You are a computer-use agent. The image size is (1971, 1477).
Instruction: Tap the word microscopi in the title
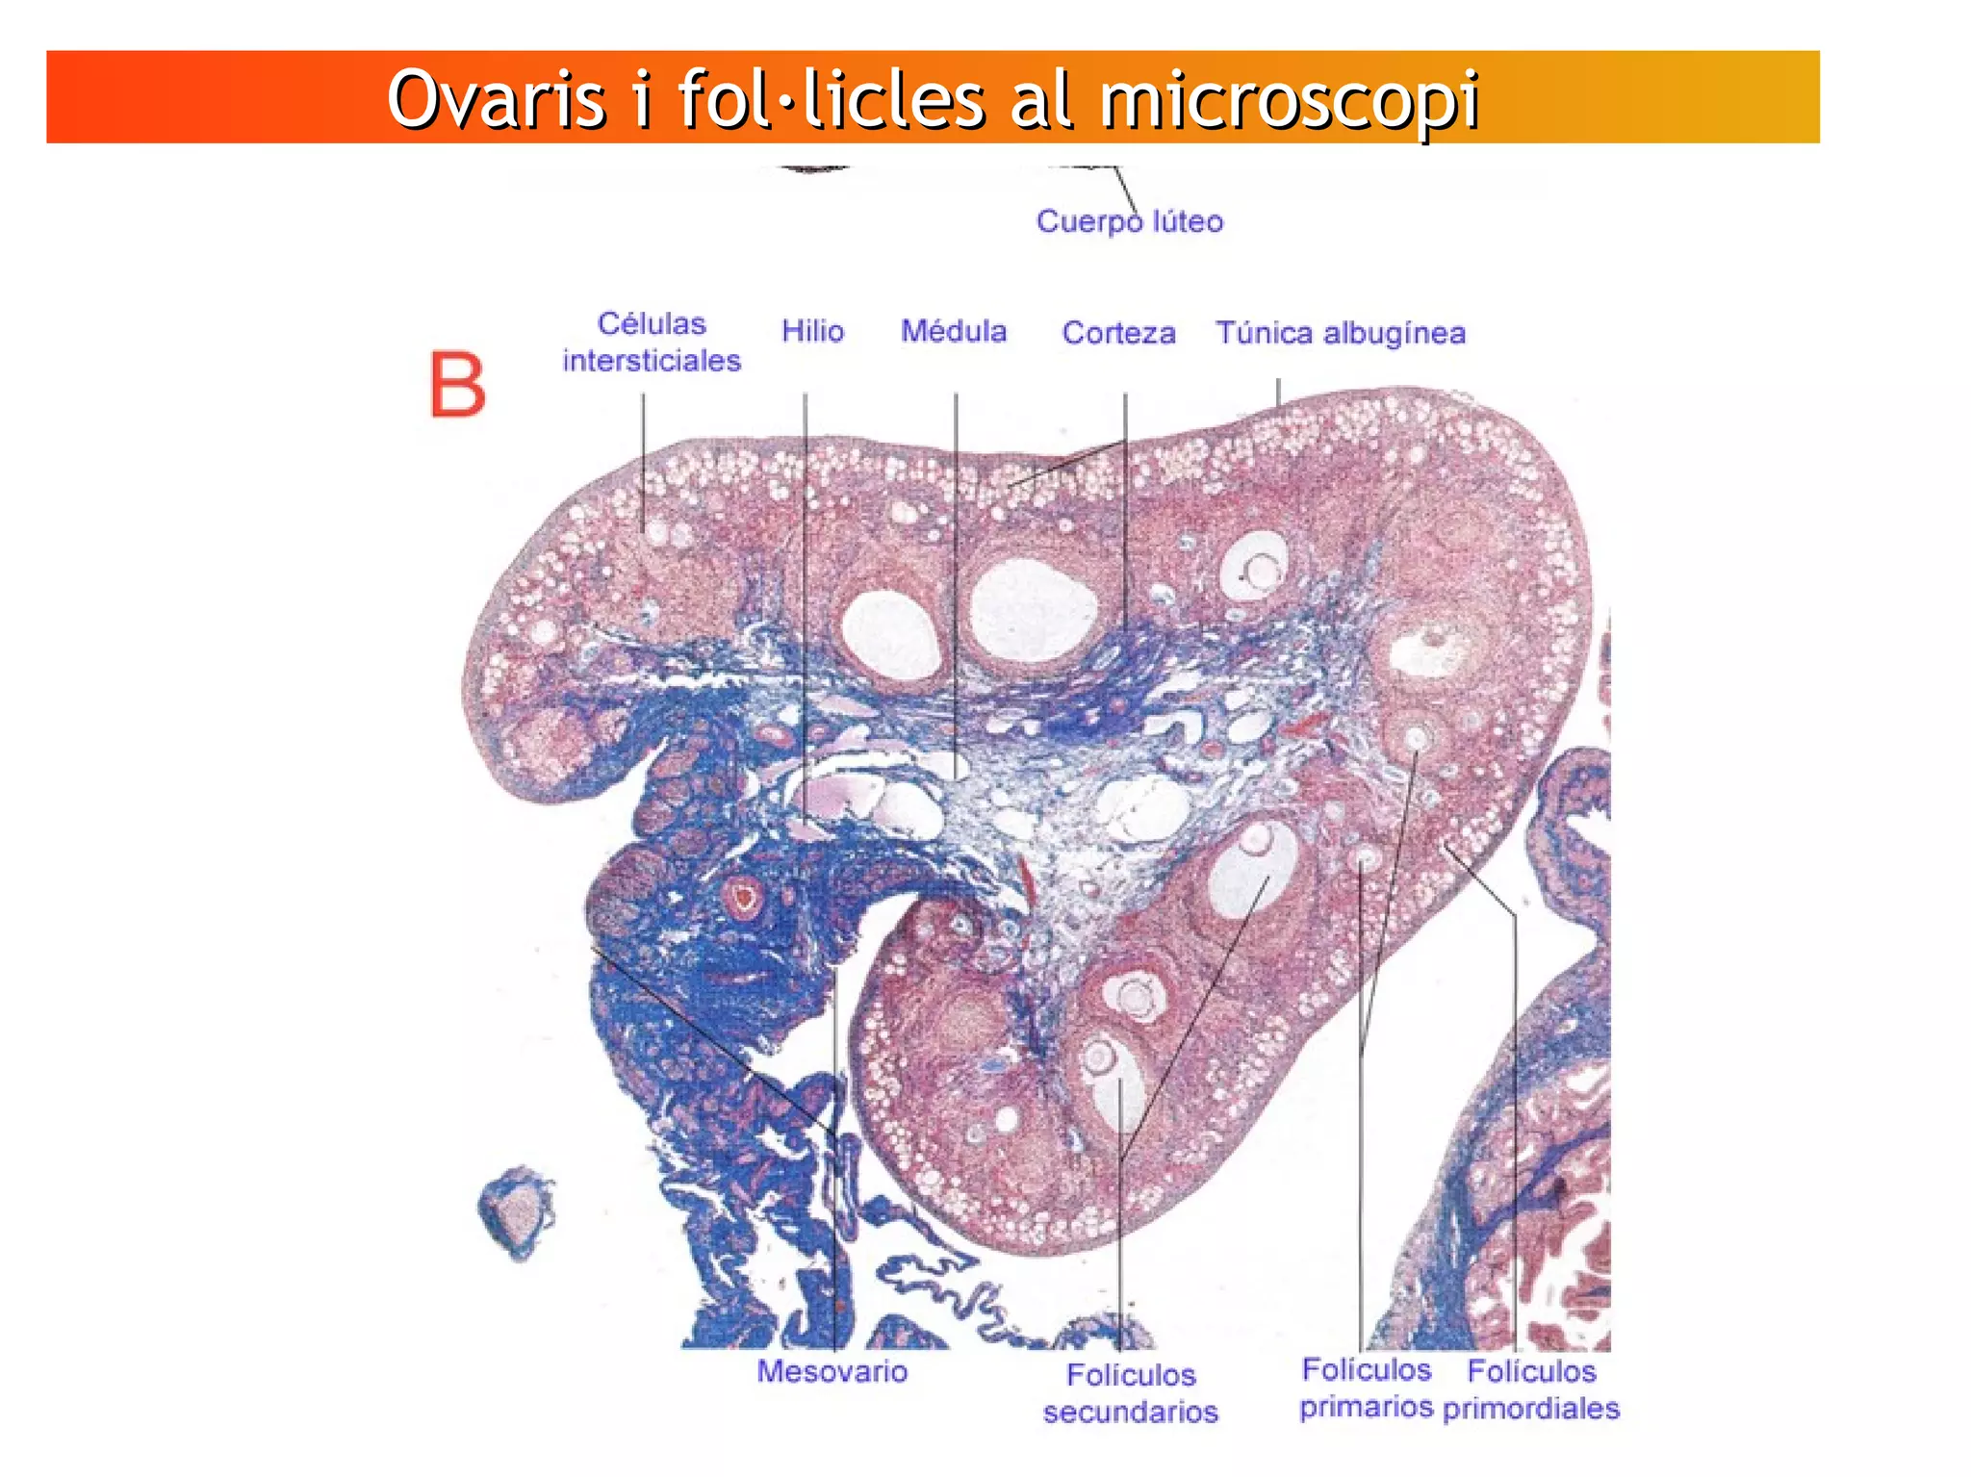1290,100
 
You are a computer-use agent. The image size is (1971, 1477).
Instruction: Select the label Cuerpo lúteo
1129,221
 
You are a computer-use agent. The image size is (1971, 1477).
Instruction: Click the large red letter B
457,385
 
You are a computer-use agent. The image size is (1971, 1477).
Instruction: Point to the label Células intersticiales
652,343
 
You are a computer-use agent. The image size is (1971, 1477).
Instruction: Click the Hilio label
812,331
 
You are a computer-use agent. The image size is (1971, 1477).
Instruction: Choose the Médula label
954,331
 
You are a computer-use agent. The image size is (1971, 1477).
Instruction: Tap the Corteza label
1118,333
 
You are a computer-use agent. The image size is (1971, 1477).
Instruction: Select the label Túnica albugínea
1341,333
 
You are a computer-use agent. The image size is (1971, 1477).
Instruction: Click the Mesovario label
832,1371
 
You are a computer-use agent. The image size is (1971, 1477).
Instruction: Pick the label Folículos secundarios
1131,1393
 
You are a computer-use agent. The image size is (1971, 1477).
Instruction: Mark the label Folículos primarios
1366,1388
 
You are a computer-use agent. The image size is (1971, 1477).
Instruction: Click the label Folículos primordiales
1531,1389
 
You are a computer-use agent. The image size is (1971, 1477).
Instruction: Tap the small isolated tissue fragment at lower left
518,1211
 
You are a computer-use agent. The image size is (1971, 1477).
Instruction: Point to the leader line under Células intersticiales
644,462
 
